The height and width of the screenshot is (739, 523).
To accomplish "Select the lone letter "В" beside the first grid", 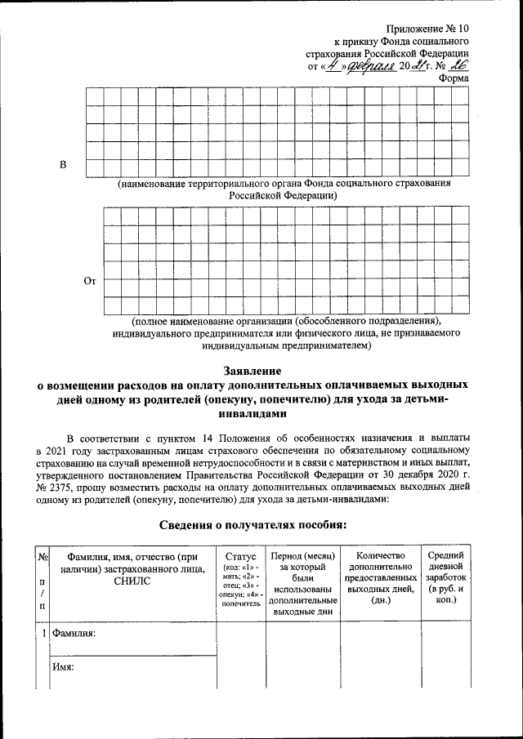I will (63, 167).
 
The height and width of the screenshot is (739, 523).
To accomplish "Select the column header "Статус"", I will (239, 555).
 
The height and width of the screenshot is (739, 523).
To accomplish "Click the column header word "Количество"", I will (380, 555).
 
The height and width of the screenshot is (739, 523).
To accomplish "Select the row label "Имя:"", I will (63, 667).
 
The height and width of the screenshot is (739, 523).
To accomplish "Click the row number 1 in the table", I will (42, 633).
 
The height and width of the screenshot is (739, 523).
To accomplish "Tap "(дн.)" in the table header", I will (380, 600).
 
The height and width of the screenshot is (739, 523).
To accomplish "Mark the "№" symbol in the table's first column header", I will (42, 557).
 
